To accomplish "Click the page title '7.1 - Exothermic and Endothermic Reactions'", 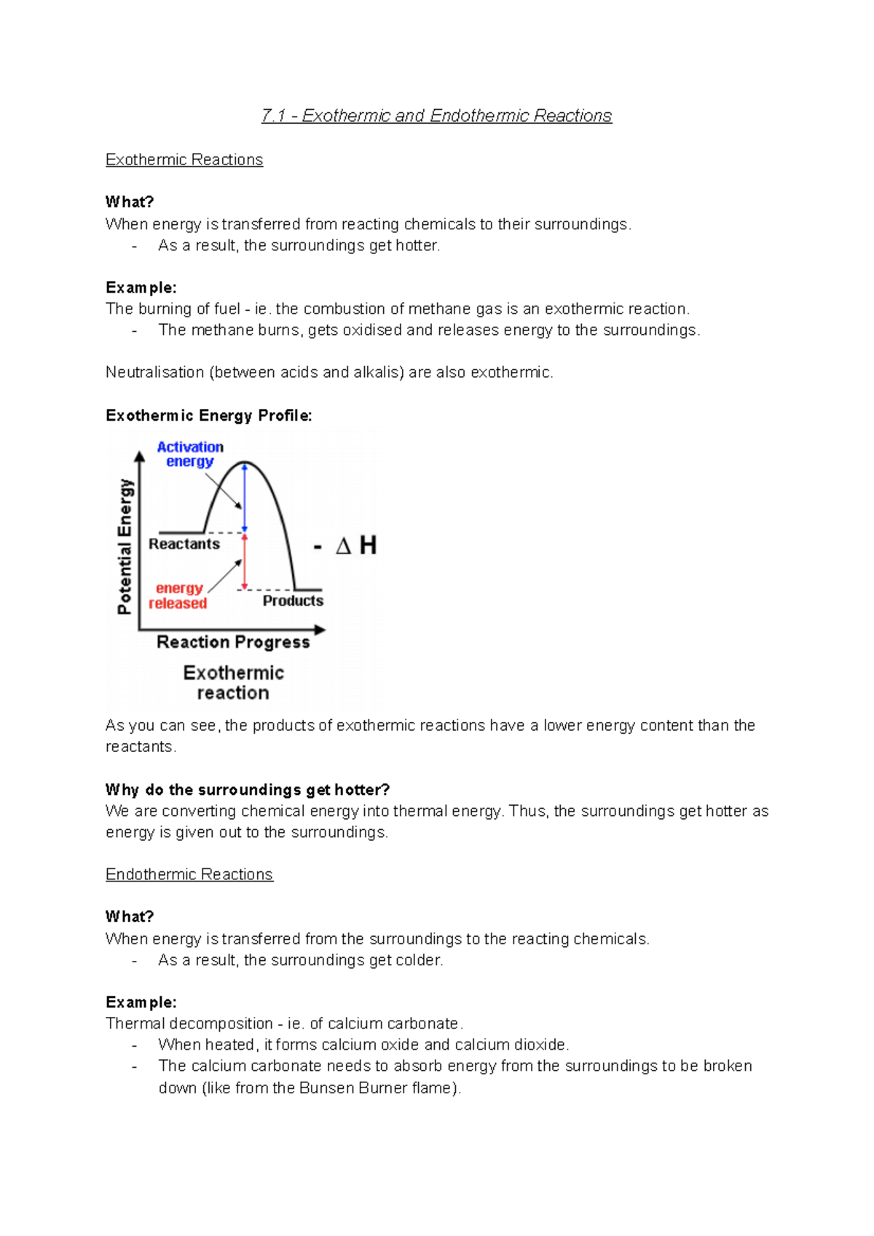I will [436, 116].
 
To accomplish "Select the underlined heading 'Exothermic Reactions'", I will [184, 159].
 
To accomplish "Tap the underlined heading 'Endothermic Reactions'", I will [189, 874].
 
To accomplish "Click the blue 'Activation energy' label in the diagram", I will [190, 454].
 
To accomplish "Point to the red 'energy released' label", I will [178, 595].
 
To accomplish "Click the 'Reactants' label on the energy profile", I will [184, 544].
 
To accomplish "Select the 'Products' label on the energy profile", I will [293, 601].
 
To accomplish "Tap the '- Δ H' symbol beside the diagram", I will [346, 545].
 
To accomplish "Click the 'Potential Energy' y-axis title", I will [125, 546].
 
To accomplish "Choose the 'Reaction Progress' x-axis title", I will [233, 642].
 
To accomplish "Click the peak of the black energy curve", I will [245, 462].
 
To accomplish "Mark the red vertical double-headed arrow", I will [245, 562].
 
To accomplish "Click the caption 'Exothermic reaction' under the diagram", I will [233, 682].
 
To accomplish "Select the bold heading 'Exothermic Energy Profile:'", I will [208, 416].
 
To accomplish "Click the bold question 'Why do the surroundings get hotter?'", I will [248, 790].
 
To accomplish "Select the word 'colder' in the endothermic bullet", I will [419, 960].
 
